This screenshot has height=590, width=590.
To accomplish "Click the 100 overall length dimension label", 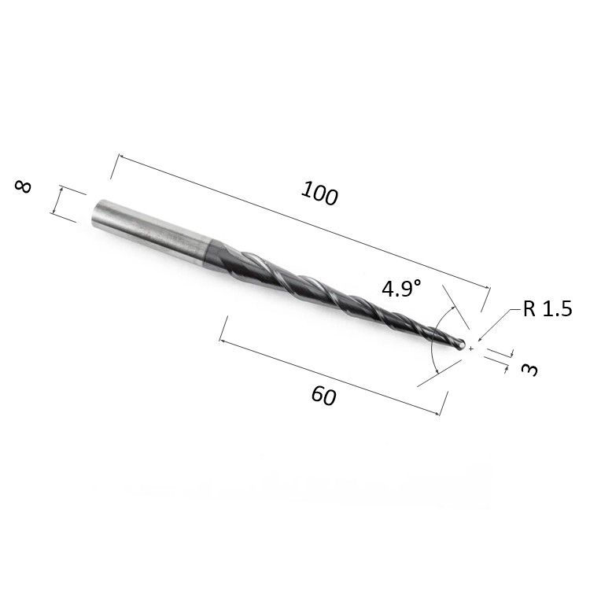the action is click(x=319, y=193).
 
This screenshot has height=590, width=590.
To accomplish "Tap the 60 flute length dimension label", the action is click(x=323, y=396).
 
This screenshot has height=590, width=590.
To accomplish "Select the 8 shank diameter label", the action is click(x=23, y=186).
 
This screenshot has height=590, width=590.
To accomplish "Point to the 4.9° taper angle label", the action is click(x=401, y=289).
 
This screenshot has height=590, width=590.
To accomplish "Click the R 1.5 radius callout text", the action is click(x=548, y=308).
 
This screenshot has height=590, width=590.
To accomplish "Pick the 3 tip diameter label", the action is click(x=530, y=370).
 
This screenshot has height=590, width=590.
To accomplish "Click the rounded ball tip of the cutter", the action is click(x=461, y=345).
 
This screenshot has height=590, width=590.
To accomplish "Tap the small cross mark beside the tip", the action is click(x=471, y=349).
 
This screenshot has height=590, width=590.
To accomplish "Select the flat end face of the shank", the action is click(x=97, y=213).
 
